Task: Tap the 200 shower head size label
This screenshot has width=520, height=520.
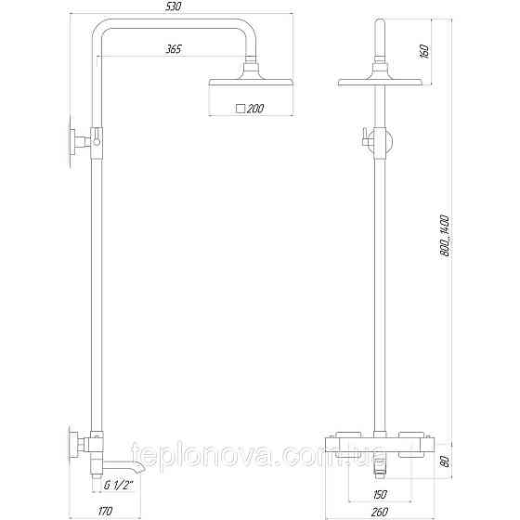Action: click(x=255, y=109)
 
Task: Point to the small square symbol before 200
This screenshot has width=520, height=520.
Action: click(x=241, y=109)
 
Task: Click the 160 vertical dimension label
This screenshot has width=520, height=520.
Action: click(x=423, y=49)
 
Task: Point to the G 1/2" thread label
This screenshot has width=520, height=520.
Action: click(x=119, y=484)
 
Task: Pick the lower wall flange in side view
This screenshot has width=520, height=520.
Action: click(x=72, y=449)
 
